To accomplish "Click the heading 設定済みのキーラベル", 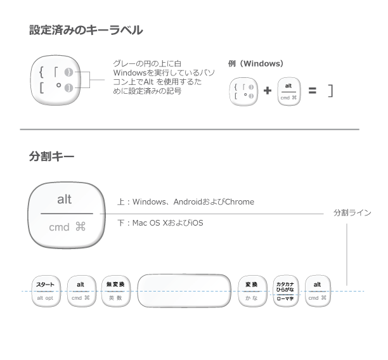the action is (86, 30).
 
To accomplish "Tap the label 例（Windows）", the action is (255, 64).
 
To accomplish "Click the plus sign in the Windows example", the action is (267, 91).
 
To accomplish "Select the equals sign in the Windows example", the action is (312, 91).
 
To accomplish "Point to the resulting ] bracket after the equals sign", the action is (330, 91).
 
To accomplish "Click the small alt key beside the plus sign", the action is (288, 91).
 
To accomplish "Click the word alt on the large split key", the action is (64, 200).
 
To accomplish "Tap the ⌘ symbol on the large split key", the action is (80, 226).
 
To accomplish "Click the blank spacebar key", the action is (184, 291).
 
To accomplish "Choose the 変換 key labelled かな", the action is (252, 290).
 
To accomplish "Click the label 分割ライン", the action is (352, 213).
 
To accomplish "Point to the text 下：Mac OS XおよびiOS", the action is (160, 223).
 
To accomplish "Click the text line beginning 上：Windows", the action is (185, 202).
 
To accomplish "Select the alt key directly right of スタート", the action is (81, 290).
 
